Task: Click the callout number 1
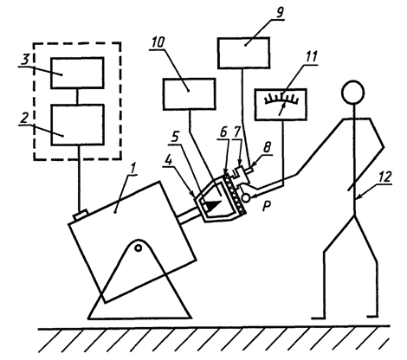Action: point(133,170)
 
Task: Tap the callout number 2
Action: point(24,119)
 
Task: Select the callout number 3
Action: point(26,60)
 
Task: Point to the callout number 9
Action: point(279,12)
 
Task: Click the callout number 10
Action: point(158,42)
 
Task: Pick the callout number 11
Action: point(311,57)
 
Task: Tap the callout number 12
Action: point(385,177)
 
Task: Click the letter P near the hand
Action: point(268,206)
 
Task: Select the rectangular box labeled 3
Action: point(77,73)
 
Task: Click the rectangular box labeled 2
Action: point(77,125)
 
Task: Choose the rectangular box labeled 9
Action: point(244,53)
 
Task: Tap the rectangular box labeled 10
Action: point(190,94)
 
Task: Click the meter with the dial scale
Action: point(281,105)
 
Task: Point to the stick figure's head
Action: point(352,92)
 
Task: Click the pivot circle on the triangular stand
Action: point(139,247)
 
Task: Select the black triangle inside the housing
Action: point(214,205)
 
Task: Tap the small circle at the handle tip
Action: point(246,198)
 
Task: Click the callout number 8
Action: point(267,147)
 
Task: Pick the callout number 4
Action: point(168,161)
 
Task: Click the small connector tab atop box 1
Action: point(81,215)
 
